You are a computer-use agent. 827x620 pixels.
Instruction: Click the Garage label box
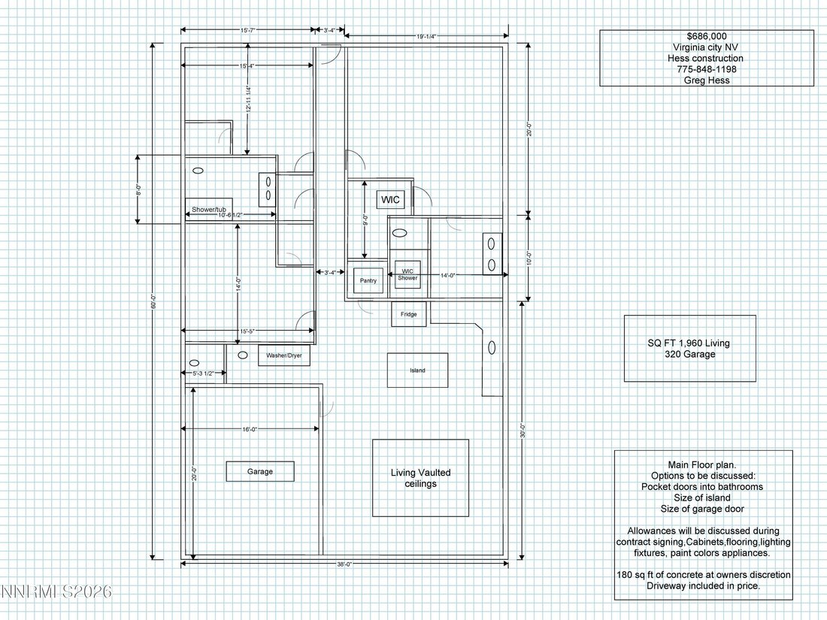coord(260,471)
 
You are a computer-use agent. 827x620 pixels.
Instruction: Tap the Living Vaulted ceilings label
coord(420,478)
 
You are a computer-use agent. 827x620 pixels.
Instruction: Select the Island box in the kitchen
coord(418,370)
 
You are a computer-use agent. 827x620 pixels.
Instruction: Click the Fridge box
coord(409,314)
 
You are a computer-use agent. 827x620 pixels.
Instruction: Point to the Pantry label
coord(368,280)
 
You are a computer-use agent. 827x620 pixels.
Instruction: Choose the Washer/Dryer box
coord(283,355)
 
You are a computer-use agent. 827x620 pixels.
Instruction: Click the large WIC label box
coord(390,199)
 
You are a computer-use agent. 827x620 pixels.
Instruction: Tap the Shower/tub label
coord(209,210)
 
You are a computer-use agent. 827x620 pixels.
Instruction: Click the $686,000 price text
coord(707,36)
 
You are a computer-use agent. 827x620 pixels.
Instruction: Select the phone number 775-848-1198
coord(707,69)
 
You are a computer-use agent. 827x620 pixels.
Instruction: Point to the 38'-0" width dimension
coord(344,564)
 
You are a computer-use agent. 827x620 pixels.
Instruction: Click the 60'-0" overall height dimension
coord(153,301)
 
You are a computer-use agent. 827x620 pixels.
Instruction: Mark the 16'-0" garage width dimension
coord(250,429)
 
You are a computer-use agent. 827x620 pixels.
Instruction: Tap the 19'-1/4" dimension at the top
coord(426,36)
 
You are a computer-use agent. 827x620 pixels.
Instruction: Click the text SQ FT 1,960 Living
coord(689,343)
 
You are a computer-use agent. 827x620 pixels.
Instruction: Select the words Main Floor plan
coord(701,464)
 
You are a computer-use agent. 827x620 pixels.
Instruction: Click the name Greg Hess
coord(707,80)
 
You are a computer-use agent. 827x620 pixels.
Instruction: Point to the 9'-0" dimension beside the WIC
coord(365,219)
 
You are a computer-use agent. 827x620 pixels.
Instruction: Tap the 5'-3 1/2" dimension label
coord(203,374)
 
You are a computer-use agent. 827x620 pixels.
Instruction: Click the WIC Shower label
coord(407,274)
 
